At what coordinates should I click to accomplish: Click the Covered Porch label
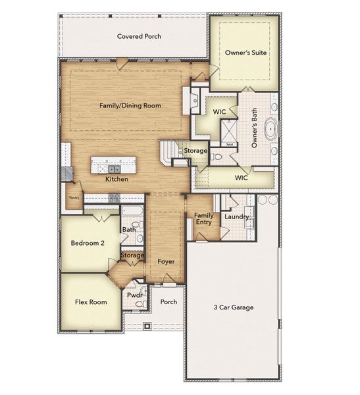(139, 36)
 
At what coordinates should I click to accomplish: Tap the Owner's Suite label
(245, 53)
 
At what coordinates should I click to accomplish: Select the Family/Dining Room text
(130, 105)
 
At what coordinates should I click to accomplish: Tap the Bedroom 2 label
(88, 243)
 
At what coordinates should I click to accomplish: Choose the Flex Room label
(91, 302)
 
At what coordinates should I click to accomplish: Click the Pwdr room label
(134, 296)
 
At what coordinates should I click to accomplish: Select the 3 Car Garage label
(233, 307)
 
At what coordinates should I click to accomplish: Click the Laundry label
(236, 217)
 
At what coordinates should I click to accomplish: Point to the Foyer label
(166, 261)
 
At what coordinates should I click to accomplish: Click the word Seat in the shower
(230, 144)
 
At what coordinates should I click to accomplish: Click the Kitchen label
(116, 179)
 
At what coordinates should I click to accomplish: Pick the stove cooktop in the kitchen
(113, 197)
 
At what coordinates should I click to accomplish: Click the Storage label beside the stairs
(195, 151)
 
